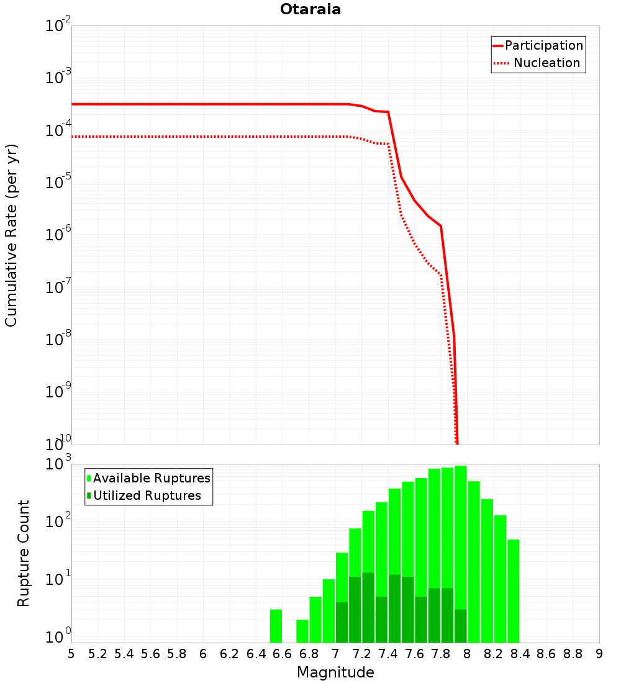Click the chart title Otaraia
(310, 9)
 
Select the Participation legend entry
(543, 45)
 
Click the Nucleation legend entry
(546, 63)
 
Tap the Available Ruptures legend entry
(152, 478)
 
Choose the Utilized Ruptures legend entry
(147, 495)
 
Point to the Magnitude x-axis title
(335, 672)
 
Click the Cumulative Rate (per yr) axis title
(11, 235)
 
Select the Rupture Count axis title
(24, 553)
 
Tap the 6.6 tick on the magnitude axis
(283, 654)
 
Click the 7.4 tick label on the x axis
(388, 654)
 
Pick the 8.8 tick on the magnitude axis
(573, 654)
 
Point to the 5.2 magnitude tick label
(97, 654)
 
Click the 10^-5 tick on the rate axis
(58, 183)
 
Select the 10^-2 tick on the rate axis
(58, 26)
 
